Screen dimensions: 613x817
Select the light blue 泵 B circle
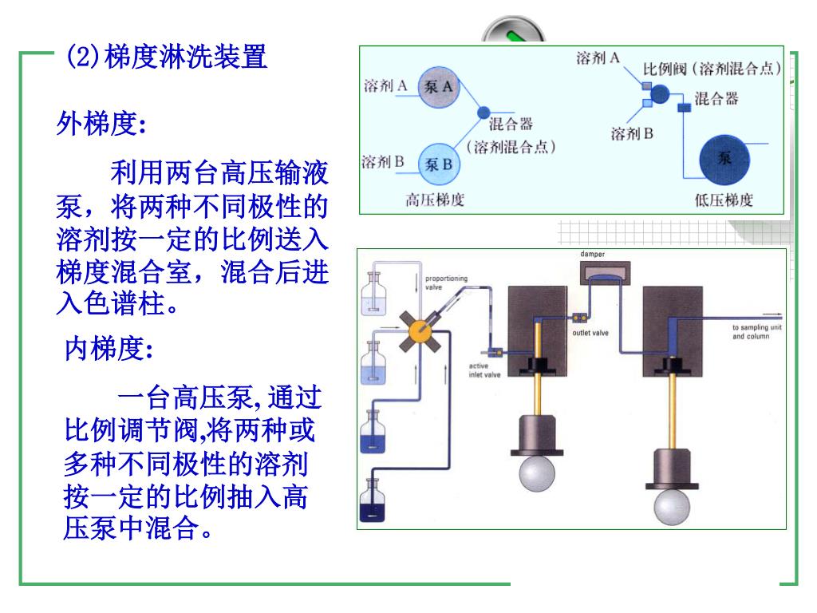(x=438, y=164)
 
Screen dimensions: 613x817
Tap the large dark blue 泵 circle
(x=724, y=158)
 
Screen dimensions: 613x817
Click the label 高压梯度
(x=435, y=200)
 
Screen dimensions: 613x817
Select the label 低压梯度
(x=724, y=200)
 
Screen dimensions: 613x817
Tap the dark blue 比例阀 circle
(x=660, y=94)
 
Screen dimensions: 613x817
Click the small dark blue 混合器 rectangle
(x=684, y=108)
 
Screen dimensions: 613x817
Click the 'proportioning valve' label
(x=446, y=283)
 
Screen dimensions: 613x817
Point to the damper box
(x=603, y=274)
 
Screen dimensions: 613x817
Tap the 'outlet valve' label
(x=590, y=333)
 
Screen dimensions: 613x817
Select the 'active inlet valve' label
(x=484, y=370)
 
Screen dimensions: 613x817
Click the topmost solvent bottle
(x=373, y=293)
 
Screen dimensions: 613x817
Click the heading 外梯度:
(x=101, y=125)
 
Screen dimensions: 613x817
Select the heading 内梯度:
(x=108, y=349)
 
